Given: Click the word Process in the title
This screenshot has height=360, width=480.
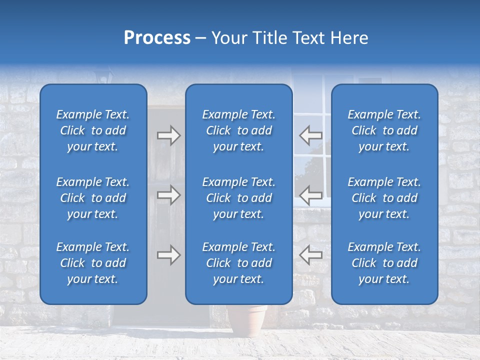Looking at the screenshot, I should (157, 38).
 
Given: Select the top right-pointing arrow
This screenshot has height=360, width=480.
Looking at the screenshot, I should (168, 135).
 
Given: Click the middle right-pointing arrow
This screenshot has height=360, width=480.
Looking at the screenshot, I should (168, 194).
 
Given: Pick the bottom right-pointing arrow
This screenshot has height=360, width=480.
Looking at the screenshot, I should (168, 255).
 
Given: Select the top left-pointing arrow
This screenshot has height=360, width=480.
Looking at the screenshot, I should (310, 135).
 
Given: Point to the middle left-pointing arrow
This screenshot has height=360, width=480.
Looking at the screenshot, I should (310, 194).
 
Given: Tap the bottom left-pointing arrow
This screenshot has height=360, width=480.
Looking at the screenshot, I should (310, 255).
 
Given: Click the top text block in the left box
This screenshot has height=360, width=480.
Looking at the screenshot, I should (93, 130).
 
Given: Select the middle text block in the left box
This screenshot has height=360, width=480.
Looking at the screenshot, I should (93, 198).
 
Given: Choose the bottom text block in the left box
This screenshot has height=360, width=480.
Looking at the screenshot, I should (93, 263).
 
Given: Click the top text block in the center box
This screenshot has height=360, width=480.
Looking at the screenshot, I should (238, 130).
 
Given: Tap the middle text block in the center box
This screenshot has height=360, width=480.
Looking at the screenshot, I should (238, 198).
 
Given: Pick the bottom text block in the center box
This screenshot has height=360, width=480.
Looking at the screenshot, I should (238, 263).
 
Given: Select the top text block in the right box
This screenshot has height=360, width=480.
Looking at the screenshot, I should (384, 130).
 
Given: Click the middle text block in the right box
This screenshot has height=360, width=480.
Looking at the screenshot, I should (384, 198).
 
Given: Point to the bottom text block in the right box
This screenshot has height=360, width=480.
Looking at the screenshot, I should (384, 263).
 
